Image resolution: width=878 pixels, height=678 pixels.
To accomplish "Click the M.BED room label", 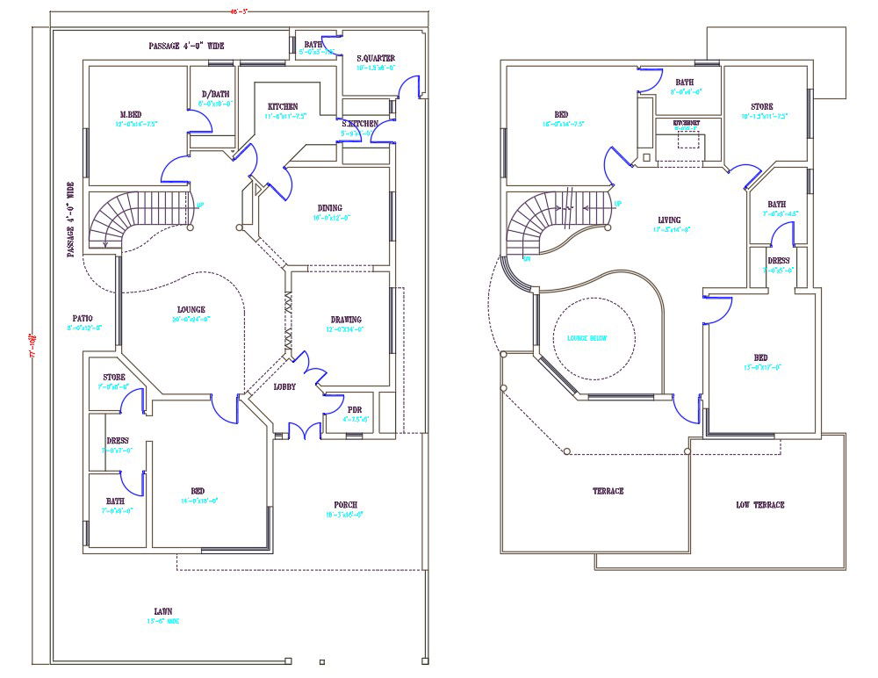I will point(131,114).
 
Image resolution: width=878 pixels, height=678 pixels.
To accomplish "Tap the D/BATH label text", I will point(215,94).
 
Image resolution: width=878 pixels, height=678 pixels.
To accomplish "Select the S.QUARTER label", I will point(376,58).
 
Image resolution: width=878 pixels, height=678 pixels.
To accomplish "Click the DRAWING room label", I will point(346,320).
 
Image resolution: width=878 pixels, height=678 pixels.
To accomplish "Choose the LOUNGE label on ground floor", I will point(191,309).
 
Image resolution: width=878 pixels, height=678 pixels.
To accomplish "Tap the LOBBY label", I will point(284,386).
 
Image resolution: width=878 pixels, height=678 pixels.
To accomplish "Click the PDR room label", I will point(355,409).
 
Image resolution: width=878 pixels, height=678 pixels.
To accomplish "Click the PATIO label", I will point(84,318).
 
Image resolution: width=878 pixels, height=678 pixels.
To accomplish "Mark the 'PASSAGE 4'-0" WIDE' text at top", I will point(185,46).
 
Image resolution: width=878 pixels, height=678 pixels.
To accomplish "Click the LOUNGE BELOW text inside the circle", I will point(587,338).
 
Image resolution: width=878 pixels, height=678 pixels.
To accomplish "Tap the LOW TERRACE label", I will point(759,504).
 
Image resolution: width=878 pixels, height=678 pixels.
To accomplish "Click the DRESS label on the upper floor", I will point(778,261).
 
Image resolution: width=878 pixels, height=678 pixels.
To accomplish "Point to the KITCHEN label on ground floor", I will point(282,106).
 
